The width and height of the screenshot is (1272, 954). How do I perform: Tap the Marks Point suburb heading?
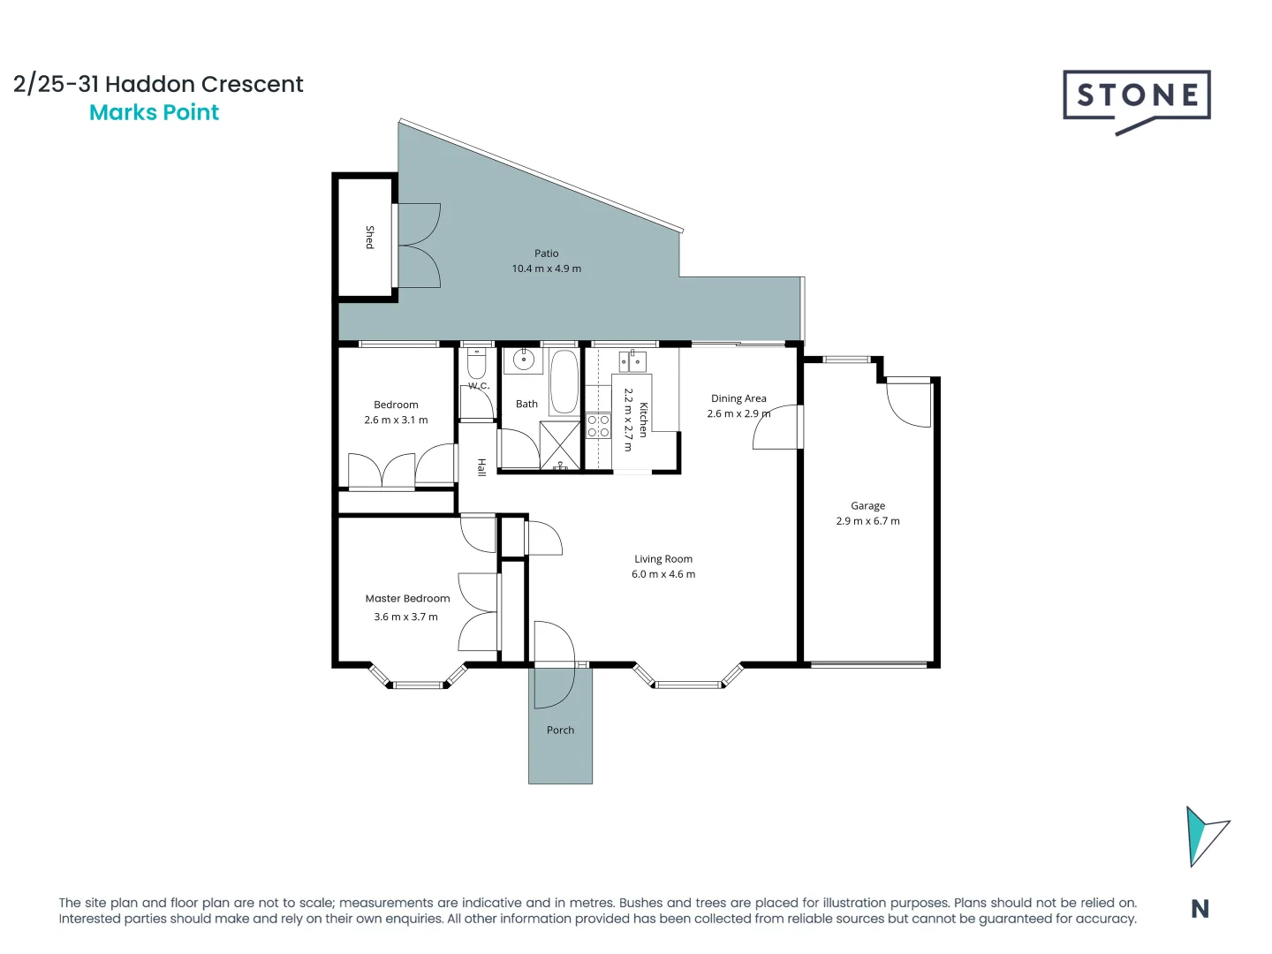155,113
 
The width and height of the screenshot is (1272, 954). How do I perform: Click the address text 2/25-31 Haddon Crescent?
158,84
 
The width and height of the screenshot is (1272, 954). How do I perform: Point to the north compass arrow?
1203,836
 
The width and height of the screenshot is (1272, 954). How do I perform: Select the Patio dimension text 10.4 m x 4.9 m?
546,269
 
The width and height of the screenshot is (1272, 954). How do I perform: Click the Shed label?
369,237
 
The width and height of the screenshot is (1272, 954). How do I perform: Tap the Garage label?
867,506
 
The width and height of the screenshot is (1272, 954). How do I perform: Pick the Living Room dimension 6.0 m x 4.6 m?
662,574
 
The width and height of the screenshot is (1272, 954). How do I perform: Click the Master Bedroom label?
407,599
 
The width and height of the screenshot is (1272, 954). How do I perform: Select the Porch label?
560,731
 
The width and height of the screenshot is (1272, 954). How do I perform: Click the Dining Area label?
738,398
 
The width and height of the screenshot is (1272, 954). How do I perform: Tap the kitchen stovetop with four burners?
598,426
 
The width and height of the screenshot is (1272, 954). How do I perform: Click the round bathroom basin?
523,360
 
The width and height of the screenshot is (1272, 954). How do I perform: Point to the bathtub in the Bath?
564,382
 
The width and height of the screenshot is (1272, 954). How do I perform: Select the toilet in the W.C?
476,363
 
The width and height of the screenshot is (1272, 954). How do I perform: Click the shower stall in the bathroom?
560,446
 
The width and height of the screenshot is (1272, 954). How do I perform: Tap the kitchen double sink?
632,361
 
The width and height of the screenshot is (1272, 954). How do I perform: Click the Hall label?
481,467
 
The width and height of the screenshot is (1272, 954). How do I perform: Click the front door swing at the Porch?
553,664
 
